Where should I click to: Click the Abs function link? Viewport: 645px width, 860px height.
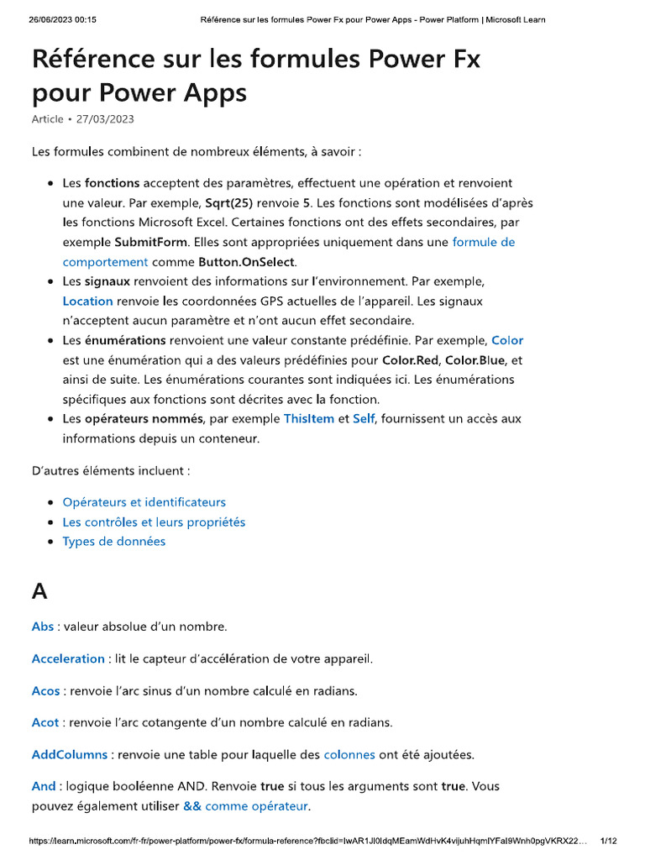43,627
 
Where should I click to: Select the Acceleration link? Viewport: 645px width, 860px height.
68,658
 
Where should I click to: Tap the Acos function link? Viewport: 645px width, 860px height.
46,690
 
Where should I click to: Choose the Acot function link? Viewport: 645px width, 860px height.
45,722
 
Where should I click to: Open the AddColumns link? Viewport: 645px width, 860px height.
70,754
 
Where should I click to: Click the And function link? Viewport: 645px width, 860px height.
44,787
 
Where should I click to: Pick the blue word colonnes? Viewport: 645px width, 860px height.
349,754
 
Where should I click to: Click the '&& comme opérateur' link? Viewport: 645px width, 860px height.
246,806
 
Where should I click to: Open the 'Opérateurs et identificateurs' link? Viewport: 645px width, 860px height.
144,502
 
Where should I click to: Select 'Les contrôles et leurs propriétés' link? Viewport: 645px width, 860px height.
154,522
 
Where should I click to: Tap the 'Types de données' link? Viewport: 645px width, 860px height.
113,541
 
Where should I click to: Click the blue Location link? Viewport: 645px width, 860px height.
87,301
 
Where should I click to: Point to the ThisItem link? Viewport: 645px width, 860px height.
309,418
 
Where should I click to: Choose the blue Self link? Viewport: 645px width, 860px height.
364,418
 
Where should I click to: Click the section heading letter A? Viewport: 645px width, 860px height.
39,591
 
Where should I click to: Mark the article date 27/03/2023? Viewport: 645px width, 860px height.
105,119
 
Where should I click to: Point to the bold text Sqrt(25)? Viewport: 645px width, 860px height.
228,202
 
